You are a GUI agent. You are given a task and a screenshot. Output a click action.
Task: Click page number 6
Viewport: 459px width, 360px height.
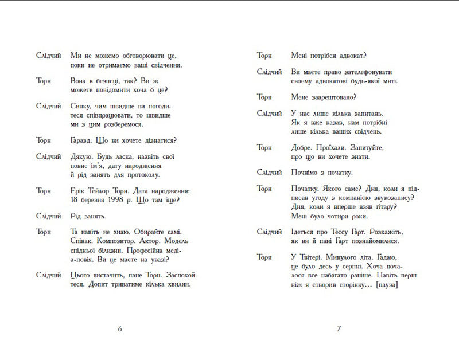coord(120,329)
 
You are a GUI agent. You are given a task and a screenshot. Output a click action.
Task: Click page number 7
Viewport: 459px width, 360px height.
coord(339,329)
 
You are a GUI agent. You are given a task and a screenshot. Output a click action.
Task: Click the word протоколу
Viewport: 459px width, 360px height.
coord(141,175)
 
